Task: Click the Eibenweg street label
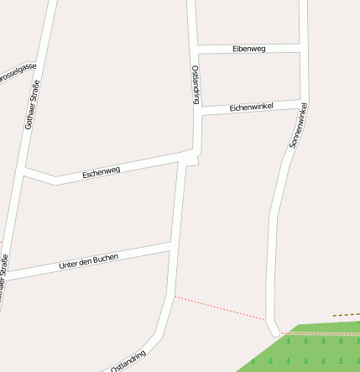[248, 49]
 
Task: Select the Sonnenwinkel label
[299, 126]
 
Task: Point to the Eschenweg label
[102, 172]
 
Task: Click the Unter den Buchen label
[89, 261]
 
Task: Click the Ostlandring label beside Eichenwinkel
[196, 84]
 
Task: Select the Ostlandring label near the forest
[128, 360]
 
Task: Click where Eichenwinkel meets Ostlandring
[200, 112]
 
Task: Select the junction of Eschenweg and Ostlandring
[190, 155]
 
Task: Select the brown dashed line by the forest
[346, 315]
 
